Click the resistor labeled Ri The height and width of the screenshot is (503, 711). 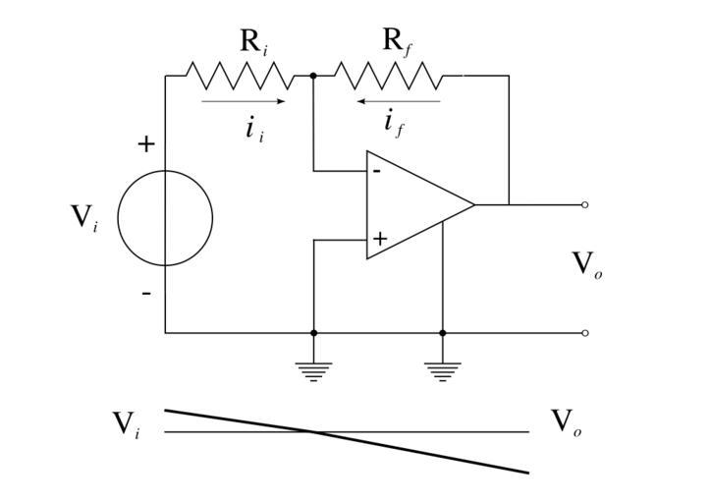[x=240, y=75]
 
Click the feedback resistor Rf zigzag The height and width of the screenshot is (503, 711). [x=387, y=75]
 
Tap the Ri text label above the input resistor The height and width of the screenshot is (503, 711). [x=253, y=42]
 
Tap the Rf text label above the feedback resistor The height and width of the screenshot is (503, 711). [x=396, y=42]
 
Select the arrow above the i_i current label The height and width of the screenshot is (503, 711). [x=243, y=101]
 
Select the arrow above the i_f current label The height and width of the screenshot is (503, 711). [x=398, y=101]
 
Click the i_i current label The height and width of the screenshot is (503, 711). [x=254, y=128]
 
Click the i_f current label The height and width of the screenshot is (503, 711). [x=394, y=125]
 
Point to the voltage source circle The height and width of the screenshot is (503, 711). [x=165, y=218]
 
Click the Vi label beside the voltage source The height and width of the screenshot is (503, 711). [x=84, y=217]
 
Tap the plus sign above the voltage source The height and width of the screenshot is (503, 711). [x=146, y=144]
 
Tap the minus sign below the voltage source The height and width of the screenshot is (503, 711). [x=146, y=293]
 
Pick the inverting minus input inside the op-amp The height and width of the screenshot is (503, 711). [x=376, y=171]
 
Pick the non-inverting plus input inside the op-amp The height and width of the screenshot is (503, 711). [x=379, y=239]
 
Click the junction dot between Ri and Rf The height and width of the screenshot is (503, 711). [x=313, y=75]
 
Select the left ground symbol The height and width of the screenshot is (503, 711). [x=314, y=370]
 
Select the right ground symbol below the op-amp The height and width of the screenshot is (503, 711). [x=443, y=370]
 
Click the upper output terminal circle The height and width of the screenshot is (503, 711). [x=585, y=205]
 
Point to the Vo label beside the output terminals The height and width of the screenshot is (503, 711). [x=586, y=263]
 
